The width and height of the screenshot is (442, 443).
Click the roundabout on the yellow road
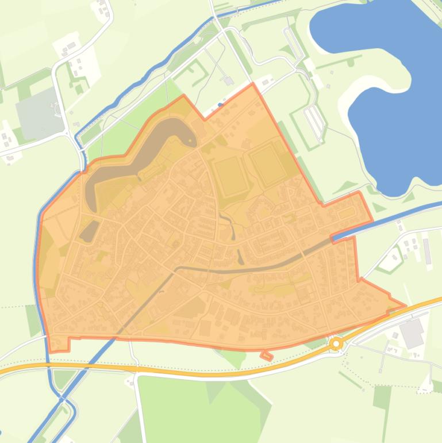(x=336, y=344)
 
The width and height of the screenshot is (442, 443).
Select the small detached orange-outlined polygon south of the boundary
(x=266, y=356)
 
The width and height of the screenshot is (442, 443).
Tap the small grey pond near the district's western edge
(x=89, y=231)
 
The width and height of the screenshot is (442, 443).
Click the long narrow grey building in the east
(x=426, y=251)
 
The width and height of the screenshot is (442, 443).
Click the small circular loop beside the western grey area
(x=57, y=108)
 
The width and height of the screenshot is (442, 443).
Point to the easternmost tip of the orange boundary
(x=406, y=306)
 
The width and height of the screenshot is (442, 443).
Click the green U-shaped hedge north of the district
(x=195, y=72)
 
